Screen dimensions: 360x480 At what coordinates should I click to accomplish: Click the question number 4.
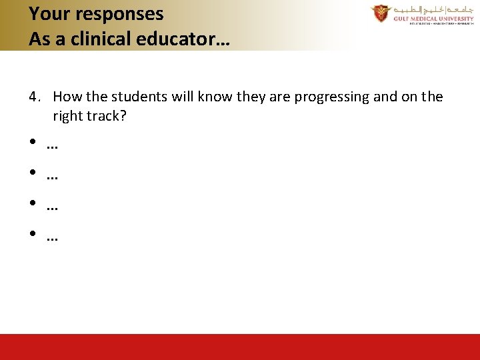(33, 97)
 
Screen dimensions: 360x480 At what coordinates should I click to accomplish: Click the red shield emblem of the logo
(381, 13)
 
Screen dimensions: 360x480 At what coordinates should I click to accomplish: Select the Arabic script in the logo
(433, 10)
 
